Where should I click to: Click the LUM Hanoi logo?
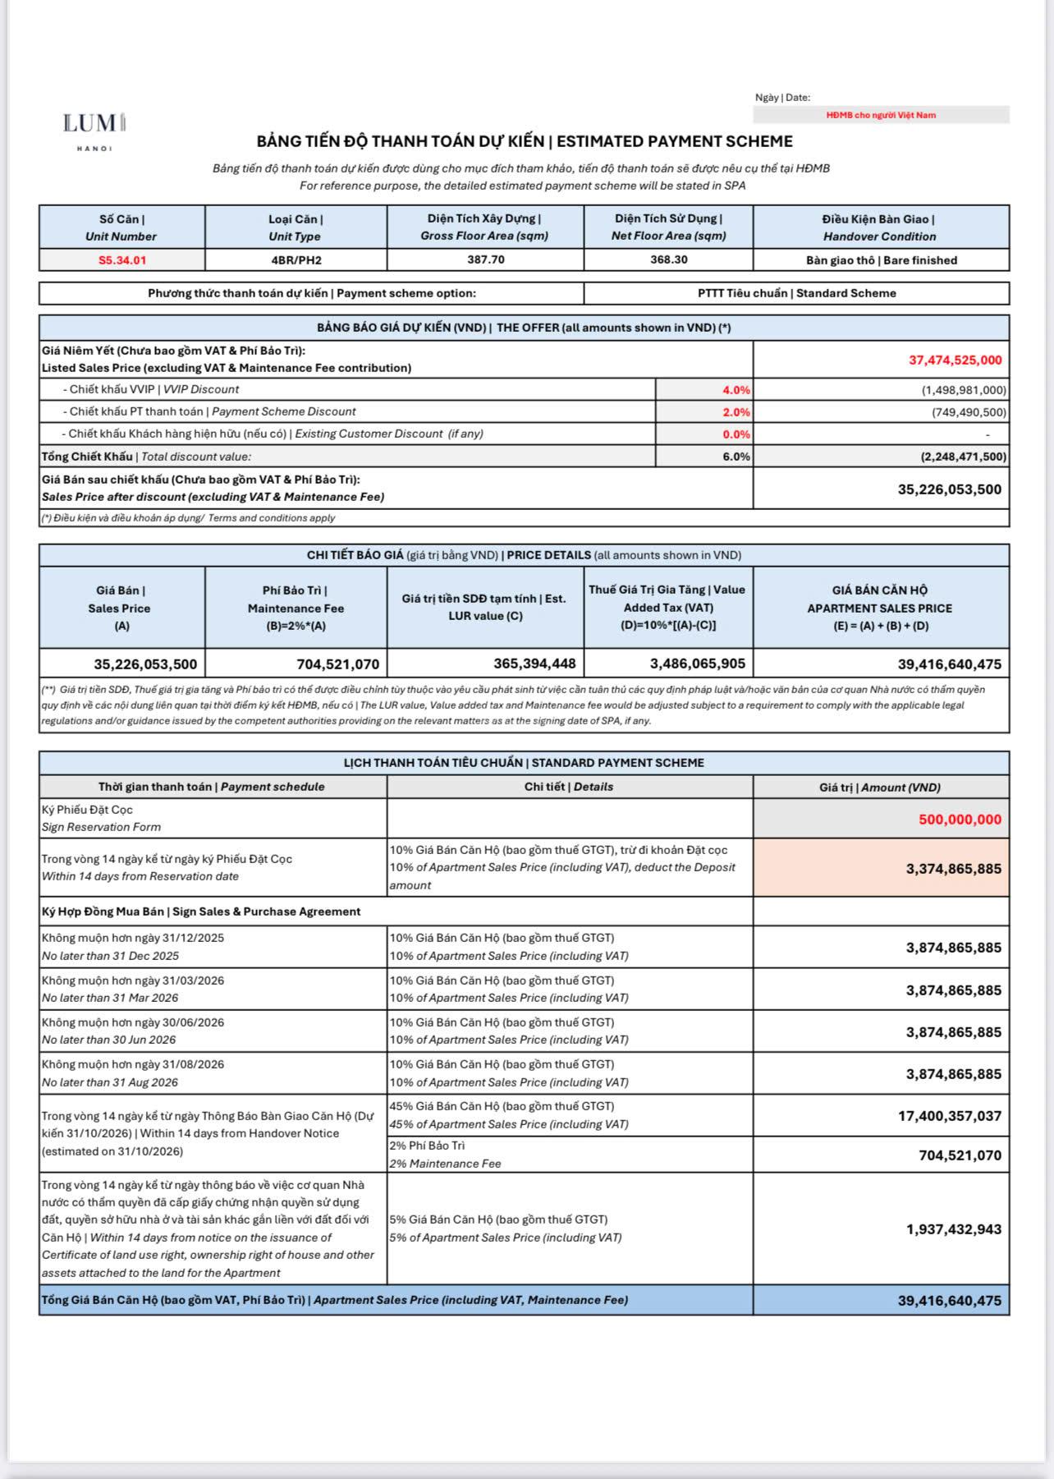point(94,128)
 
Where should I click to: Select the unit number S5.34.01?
point(121,260)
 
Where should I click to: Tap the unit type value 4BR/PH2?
point(296,260)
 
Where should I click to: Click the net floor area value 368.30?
point(668,260)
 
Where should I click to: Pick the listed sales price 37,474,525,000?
point(955,360)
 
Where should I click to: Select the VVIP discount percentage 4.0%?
point(736,390)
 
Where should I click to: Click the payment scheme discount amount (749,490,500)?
point(969,412)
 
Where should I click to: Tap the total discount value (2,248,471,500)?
point(963,457)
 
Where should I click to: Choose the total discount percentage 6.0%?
point(736,457)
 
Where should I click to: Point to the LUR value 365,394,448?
point(534,664)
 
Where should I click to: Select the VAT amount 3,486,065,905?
point(697,664)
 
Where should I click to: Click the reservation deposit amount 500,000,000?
point(960,820)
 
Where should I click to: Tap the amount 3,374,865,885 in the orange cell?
point(953,869)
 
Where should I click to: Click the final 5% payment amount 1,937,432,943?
point(953,1229)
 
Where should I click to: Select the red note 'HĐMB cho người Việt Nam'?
point(880,115)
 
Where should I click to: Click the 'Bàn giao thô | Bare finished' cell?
point(881,260)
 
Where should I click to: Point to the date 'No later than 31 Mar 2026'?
point(110,998)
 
